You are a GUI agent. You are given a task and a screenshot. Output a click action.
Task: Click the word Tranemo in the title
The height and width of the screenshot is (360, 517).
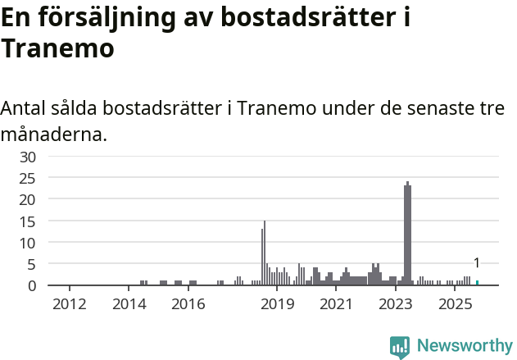pos(57,48)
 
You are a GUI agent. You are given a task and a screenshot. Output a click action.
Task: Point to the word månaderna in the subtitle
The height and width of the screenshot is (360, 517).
pos(53,134)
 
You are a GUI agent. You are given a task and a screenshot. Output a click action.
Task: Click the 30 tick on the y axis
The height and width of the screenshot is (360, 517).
pos(28,156)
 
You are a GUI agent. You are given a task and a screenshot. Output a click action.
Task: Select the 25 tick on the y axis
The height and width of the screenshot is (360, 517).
pos(28,178)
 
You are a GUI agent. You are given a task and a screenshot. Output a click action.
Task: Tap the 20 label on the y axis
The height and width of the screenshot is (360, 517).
pos(28,199)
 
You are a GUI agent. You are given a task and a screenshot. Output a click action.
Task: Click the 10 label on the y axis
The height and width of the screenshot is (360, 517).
pos(28,243)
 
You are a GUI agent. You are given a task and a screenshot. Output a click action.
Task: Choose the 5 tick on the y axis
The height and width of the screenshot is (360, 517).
pos(32,264)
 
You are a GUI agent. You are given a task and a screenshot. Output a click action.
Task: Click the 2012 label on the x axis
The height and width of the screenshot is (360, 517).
pos(69,305)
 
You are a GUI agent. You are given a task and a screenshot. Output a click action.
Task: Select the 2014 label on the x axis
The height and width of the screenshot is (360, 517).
pos(129,305)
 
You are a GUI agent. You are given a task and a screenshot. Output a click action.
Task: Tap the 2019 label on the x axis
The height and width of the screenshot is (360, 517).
pos(277,305)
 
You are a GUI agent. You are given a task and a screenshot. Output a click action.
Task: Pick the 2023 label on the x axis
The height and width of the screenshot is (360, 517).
pos(396,305)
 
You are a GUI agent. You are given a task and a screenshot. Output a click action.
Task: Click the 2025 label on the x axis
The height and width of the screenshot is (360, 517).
pos(455,305)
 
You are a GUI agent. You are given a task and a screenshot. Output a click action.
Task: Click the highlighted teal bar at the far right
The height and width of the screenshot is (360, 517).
pos(477,283)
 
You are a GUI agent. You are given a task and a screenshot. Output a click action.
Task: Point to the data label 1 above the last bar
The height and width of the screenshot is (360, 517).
pos(477,263)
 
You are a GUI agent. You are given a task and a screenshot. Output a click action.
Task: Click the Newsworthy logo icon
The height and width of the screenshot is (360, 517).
pos(400,347)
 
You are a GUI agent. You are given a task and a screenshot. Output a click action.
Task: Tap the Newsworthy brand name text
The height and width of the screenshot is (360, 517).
pos(464,346)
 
